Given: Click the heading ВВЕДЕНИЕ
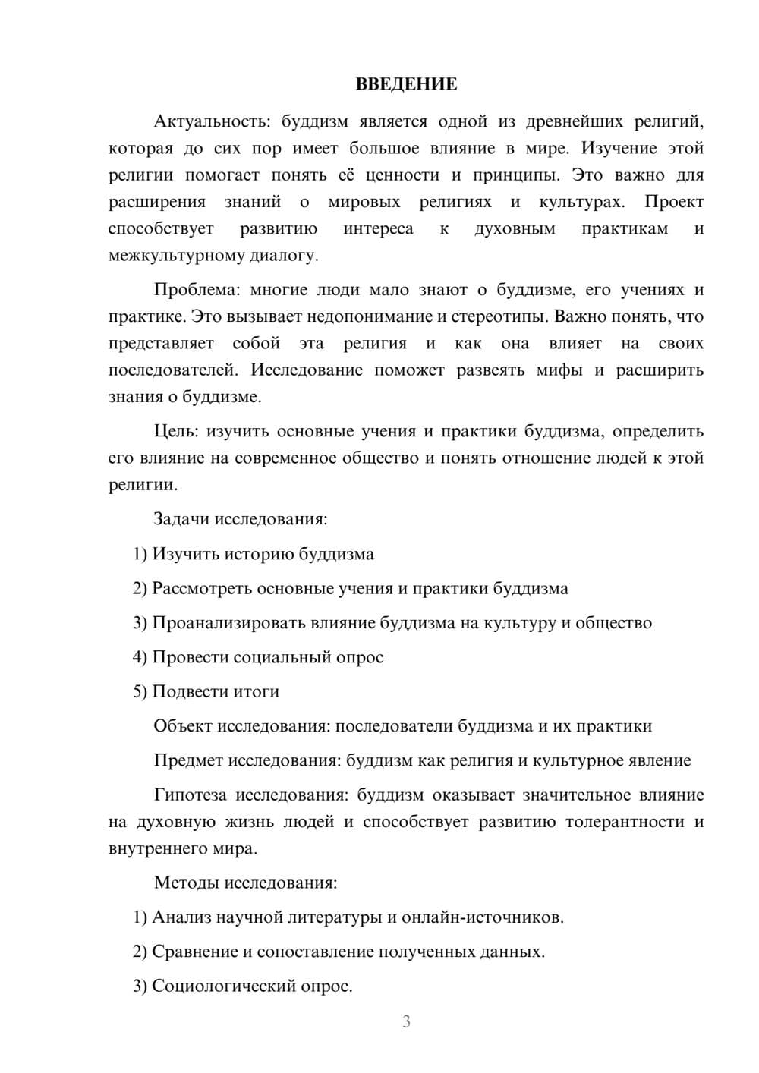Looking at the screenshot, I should click(x=406, y=84).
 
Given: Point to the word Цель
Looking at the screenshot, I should click(x=175, y=431).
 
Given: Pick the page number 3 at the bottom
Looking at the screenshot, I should click(x=406, y=1021).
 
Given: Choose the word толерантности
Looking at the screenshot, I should click(x=625, y=822).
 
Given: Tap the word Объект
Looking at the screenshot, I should click(x=183, y=726).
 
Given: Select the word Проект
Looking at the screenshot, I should click(x=674, y=202).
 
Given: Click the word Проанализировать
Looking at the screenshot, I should click(x=228, y=623).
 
